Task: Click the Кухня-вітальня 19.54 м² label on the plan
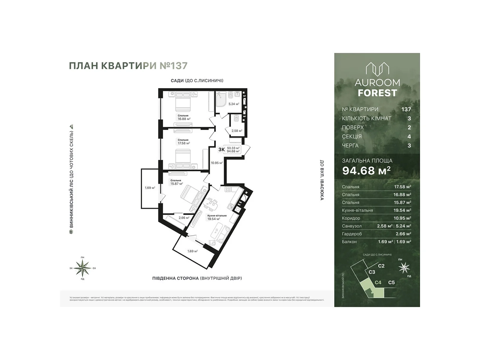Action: tap(217, 217)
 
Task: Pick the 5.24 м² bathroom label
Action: tap(234, 104)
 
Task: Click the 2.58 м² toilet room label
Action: tap(236, 131)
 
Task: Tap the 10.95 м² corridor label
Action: tap(217, 163)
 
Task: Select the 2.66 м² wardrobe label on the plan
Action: tap(184, 218)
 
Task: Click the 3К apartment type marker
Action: tap(221, 149)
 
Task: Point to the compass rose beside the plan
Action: tap(82, 268)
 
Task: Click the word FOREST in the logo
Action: tap(377, 93)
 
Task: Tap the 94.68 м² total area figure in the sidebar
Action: tap(366, 170)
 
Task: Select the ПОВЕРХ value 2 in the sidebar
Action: tap(409, 127)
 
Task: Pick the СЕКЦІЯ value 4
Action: tap(409, 136)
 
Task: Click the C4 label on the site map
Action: tap(378, 282)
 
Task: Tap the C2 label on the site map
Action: tap(381, 266)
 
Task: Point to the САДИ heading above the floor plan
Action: tap(177, 80)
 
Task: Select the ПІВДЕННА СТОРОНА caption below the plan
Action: tap(175, 278)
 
